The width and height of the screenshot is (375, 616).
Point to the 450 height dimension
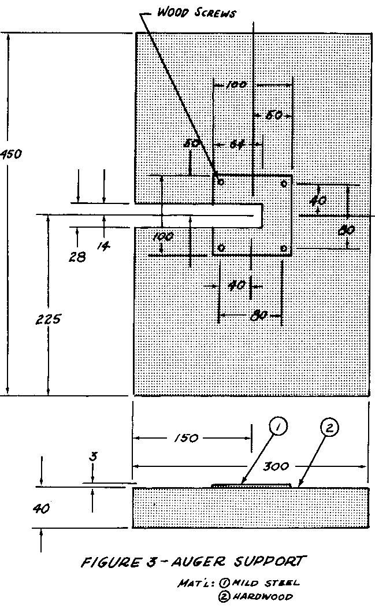11,154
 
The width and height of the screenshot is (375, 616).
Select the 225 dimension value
48,320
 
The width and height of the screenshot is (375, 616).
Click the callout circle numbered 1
278,428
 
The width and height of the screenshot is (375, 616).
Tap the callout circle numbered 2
329,428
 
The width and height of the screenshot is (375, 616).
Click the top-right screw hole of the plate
283,183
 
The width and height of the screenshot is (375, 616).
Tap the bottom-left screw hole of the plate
221,248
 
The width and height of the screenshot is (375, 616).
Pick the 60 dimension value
274,116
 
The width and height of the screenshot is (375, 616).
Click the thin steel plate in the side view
252,486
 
